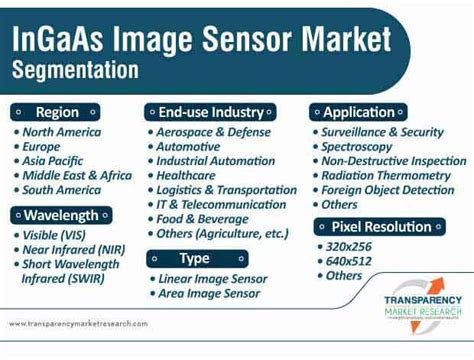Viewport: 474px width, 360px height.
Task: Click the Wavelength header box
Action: [x=61, y=215]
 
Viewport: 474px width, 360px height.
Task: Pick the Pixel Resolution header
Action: [x=381, y=226]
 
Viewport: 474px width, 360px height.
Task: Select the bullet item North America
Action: [x=63, y=132]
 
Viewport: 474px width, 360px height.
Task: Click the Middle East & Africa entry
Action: [x=76, y=175]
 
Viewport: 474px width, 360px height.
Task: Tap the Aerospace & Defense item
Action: [x=213, y=132]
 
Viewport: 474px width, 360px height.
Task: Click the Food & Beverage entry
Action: [x=202, y=218]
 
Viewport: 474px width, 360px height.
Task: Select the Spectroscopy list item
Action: [x=357, y=146]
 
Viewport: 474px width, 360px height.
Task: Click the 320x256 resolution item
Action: [x=350, y=246]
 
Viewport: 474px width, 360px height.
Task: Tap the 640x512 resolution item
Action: [x=350, y=260]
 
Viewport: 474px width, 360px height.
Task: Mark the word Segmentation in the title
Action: [x=76, y=71]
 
